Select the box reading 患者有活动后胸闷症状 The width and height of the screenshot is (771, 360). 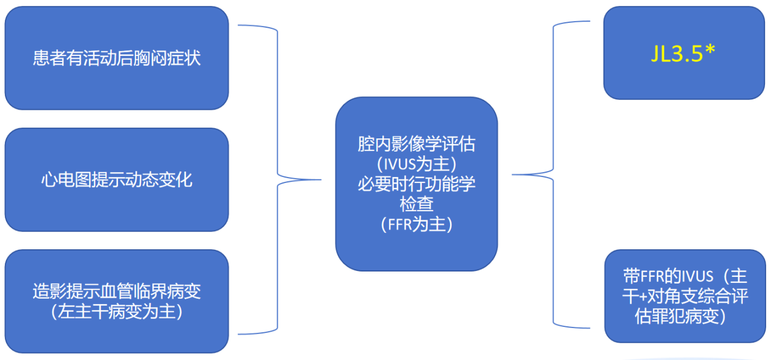tap(116, 58)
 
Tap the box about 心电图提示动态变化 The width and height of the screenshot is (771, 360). tap(116, 179)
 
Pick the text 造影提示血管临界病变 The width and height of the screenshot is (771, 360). tap(116, 292)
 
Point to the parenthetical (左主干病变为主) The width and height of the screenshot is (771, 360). tap(116, 312)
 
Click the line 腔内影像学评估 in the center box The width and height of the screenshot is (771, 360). tap(416, 144)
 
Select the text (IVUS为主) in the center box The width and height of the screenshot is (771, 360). tap(416, 164)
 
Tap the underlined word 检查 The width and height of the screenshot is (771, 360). tap(416, 204)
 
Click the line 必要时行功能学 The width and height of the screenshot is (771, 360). tap(416, 184)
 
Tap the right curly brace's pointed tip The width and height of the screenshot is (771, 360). tap(514, 175)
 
